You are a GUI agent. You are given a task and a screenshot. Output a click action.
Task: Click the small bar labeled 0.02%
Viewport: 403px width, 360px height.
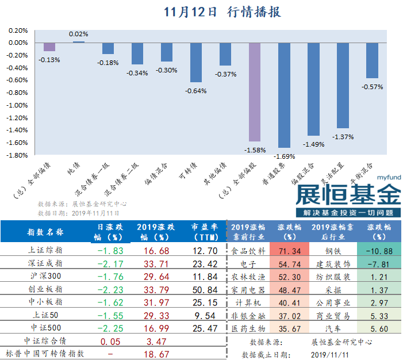tap(79, 42)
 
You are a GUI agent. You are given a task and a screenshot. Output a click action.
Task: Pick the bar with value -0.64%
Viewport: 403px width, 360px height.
tap(196, 63)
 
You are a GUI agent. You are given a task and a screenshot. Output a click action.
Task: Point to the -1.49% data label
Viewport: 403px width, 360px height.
tap(313, 144)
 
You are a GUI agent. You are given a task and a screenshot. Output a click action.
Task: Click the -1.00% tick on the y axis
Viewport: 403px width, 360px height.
tap(18, 105)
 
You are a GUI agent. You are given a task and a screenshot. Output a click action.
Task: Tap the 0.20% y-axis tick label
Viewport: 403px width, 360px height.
tap(18, 30)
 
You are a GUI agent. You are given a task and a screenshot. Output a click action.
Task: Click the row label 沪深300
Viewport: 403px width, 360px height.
tap(46, 277)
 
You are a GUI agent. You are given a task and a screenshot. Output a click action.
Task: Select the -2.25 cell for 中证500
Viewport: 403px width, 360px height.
tap(109, 329)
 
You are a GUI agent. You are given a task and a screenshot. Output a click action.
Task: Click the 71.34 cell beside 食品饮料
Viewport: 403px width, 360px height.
tap(290, 251)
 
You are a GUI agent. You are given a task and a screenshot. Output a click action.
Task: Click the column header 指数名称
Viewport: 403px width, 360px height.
tap(46, 232)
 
